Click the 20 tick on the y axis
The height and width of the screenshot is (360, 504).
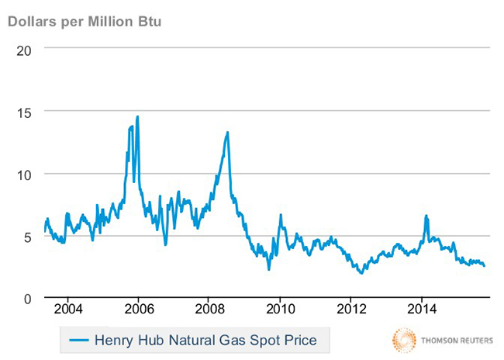(25, 48)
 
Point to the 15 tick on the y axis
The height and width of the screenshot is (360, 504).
(25, 111)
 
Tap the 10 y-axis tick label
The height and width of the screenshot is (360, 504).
(25, 174)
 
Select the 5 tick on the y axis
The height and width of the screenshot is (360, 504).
(29, 237)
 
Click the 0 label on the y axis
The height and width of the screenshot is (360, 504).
(29, 299)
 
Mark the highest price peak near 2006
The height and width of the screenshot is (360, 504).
(137, 117)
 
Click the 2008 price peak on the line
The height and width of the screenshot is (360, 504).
(227, 133)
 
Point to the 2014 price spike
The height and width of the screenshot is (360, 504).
(426, 216)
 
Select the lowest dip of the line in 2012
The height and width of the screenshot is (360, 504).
(361, 273)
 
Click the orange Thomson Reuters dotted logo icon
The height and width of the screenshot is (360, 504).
(404, 340)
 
